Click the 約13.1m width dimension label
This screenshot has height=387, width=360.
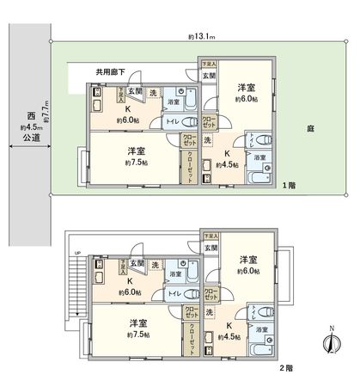[x=203, y=37]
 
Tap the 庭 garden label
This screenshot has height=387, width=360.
[x=308, y=130]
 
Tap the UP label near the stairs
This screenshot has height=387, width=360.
[x=78, y=253]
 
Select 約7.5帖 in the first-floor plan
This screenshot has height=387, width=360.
[x=136, y=163]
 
